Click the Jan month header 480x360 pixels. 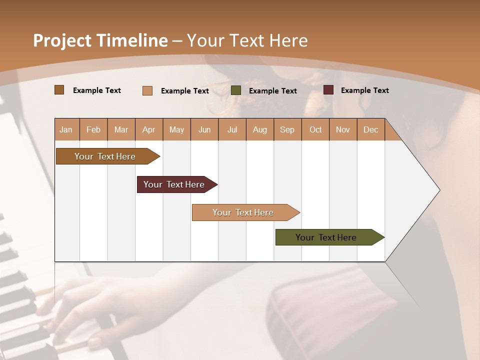pos(66,129)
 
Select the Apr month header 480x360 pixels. pos(148,129)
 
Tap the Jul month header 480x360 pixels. pos(232,129)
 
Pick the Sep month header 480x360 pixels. pos(287,129)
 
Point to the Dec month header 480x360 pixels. pos(370,129)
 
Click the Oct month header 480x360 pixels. pos(315,129)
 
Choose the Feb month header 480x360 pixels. pos(93,129)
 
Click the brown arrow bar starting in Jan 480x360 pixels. pos(105,156)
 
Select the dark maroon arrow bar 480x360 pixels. pos(174,184)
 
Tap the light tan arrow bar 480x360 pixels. pos(243,212)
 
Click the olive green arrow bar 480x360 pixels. pos(326,237)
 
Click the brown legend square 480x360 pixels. pos(59,90)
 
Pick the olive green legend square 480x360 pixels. pos(236,90)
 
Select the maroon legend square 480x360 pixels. pos(328,90)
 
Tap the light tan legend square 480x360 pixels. pos(147,90)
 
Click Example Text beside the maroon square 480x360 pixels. pos(364,90)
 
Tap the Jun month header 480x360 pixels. pos(204,129)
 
